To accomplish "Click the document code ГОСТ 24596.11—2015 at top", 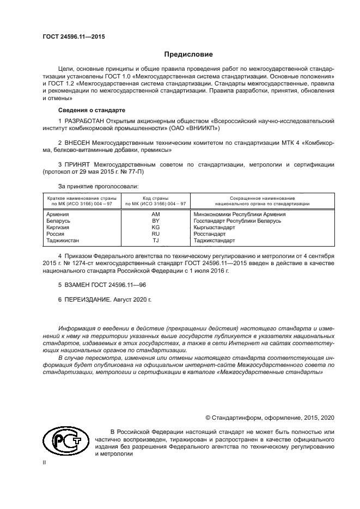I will [74, 37].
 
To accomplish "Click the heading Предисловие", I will [188, 54].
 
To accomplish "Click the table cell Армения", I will [58, 214].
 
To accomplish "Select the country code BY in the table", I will [155, 221].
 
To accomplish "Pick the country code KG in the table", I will [155, 228].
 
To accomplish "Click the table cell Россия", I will [56, 234].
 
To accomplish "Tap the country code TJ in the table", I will [155, 241].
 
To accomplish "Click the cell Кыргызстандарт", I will [215, 228].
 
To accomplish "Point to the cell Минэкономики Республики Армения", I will [240, 214].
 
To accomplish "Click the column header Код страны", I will [155, 198].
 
